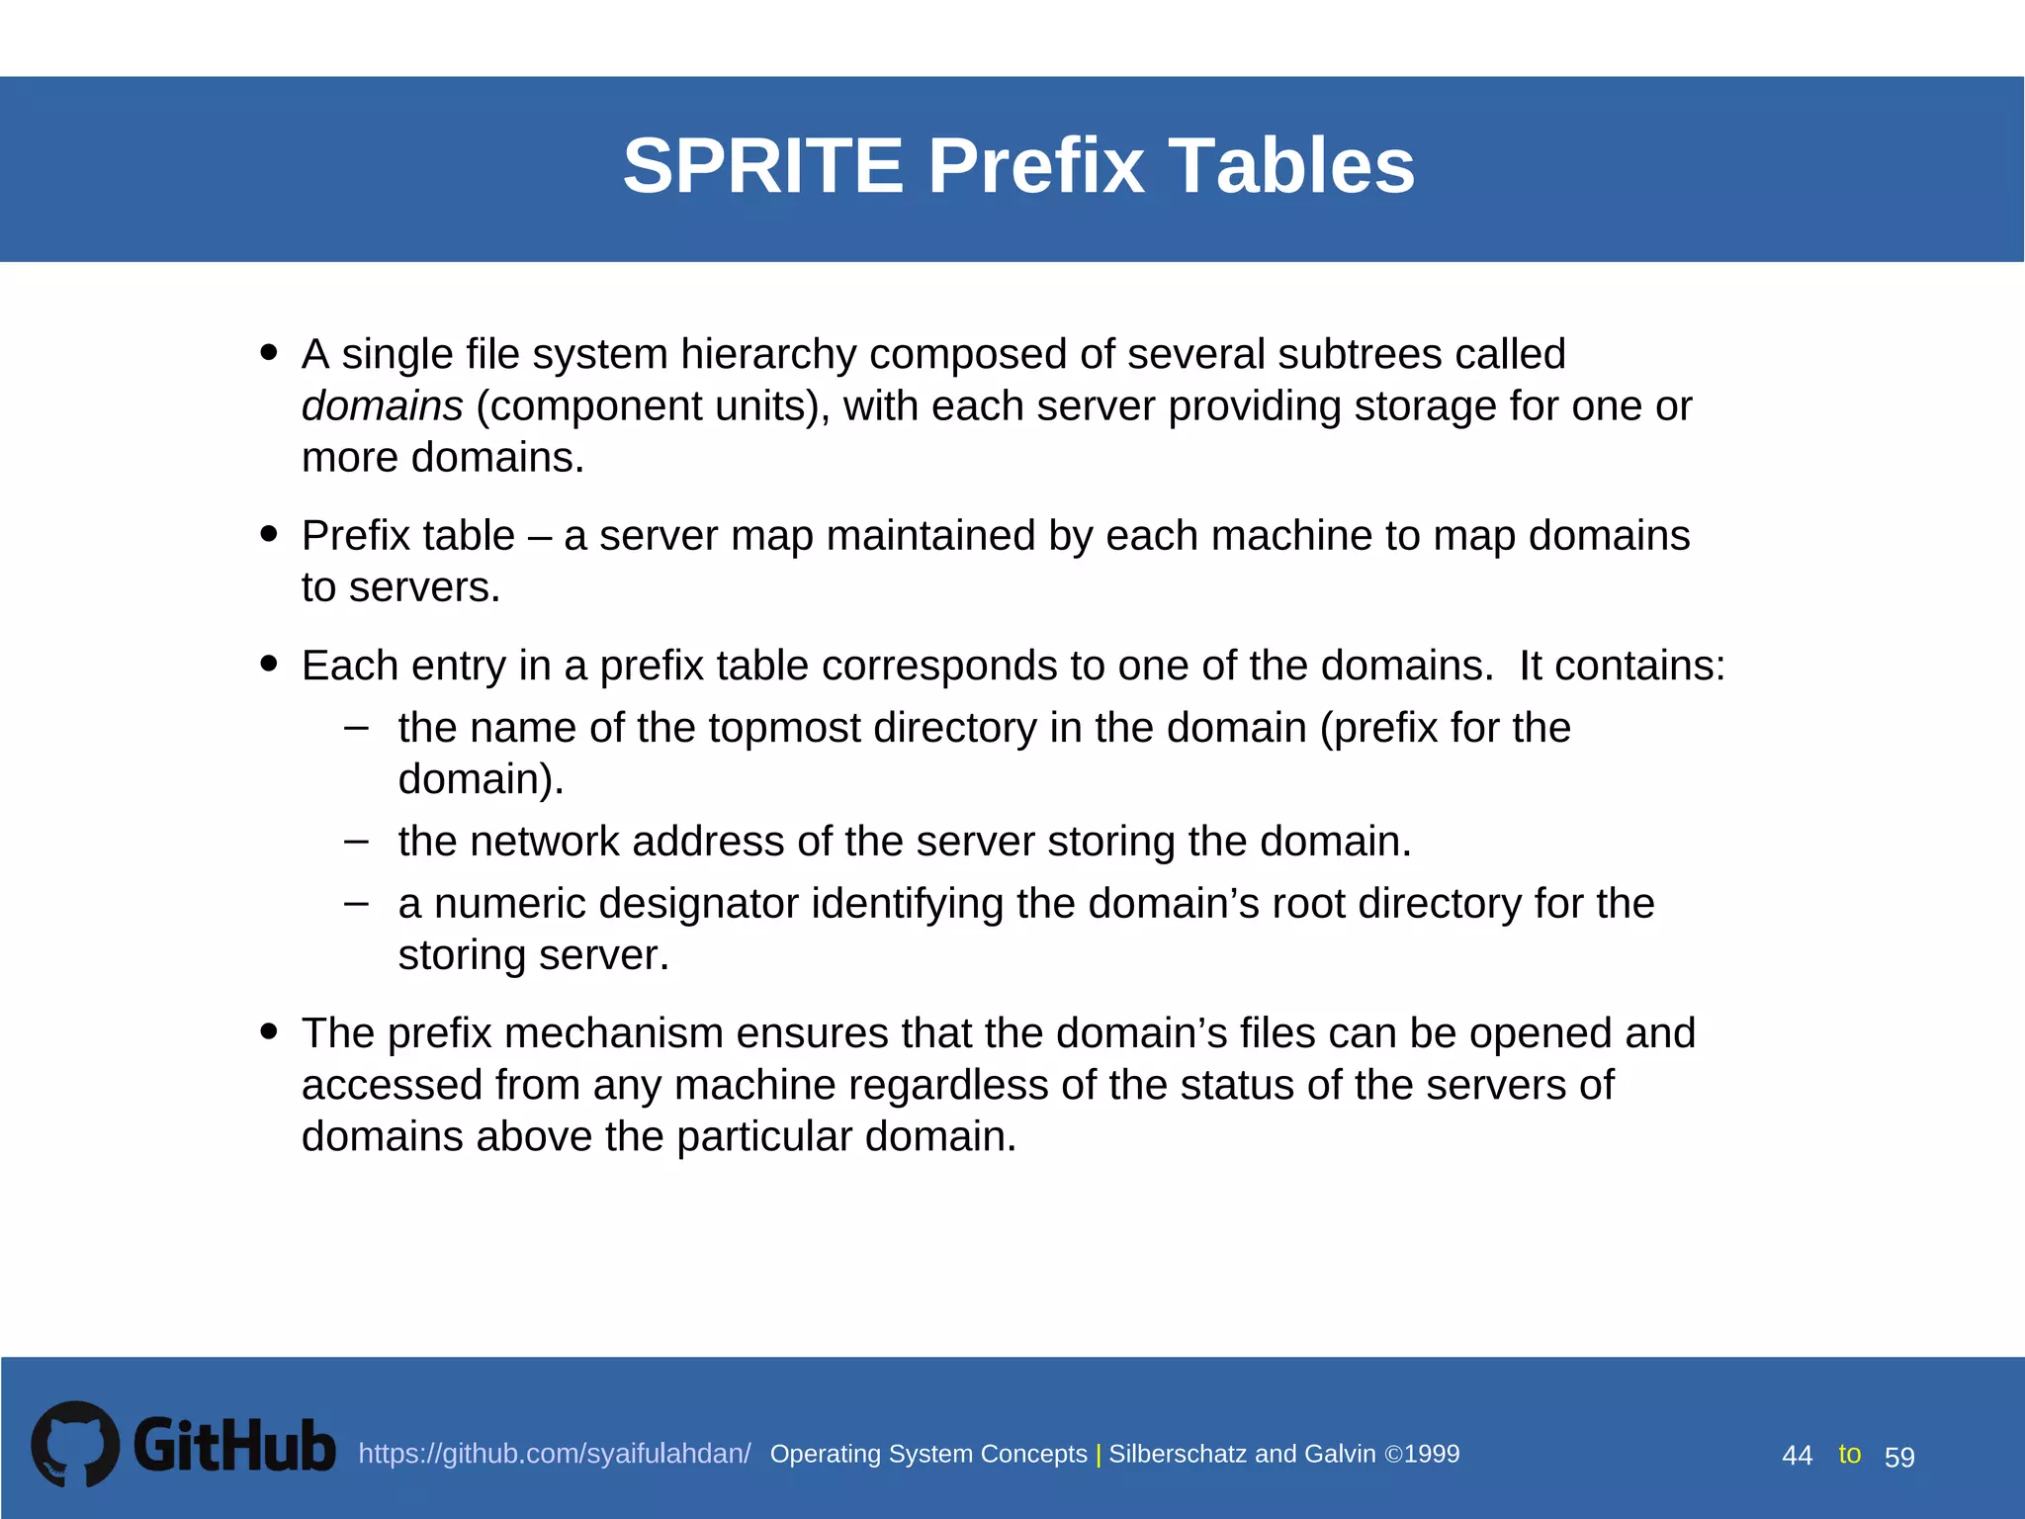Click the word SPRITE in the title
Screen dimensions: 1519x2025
762,165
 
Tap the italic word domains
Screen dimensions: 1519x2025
382,406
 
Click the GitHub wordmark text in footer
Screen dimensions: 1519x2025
234,1446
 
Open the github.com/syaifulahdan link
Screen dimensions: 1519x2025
554,1454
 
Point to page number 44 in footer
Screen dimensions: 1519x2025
1797,1456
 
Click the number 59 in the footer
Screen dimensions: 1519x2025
1899,1457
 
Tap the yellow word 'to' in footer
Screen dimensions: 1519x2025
1849,1454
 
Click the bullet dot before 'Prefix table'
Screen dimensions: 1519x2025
268,534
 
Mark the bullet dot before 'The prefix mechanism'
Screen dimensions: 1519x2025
268,1031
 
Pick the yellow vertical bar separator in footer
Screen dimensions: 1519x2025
1098,1455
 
